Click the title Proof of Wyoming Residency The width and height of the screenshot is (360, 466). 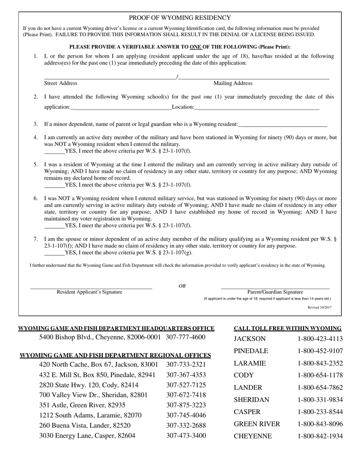click(x=180, y=18)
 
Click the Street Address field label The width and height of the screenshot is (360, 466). click(x=61, y=83)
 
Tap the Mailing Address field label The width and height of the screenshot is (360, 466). click(x=233, y=83)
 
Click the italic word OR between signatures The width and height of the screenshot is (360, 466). click(x=182, y=286)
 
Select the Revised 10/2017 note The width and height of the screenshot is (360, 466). click(x=319, y=308)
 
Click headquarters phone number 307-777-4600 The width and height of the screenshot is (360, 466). click(x=185, y=337)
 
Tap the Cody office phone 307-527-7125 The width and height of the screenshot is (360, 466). click(x=186, y=385)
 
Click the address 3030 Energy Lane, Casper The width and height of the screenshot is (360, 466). click(x=87, y=436)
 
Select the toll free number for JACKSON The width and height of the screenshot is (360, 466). click(x=320, y=339)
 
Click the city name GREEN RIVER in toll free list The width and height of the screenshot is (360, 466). click(x=257, y=424)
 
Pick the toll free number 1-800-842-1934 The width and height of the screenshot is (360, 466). click(x=320, y=436)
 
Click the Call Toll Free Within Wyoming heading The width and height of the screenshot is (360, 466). click(x=288, y=328)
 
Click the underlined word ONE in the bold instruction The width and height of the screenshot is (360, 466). click(x=195, y=47)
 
